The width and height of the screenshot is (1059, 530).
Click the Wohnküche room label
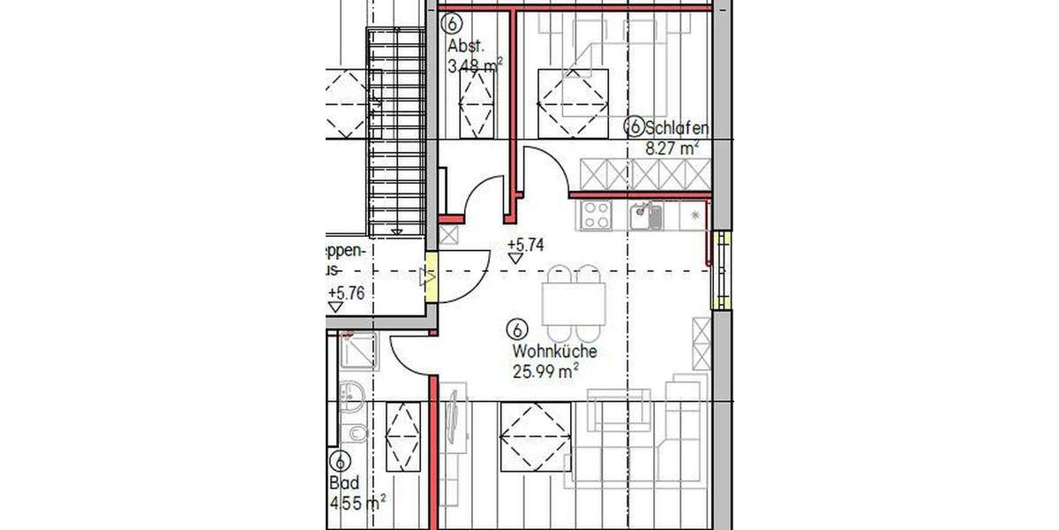tap(554, 352)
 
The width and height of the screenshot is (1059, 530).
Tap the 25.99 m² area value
tap(545, 371)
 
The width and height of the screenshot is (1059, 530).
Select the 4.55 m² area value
tap(357, 503)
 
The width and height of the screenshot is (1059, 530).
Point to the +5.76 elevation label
tap(345, 293)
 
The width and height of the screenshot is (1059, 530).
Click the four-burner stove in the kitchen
tap(597, 215)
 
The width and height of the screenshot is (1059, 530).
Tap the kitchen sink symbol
tap(645, 215)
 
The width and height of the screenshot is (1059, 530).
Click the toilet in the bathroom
tap(356, 434)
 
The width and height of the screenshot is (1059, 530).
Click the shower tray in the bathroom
tap(359, 351)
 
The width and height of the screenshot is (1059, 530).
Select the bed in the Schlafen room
tap(574, 88)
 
